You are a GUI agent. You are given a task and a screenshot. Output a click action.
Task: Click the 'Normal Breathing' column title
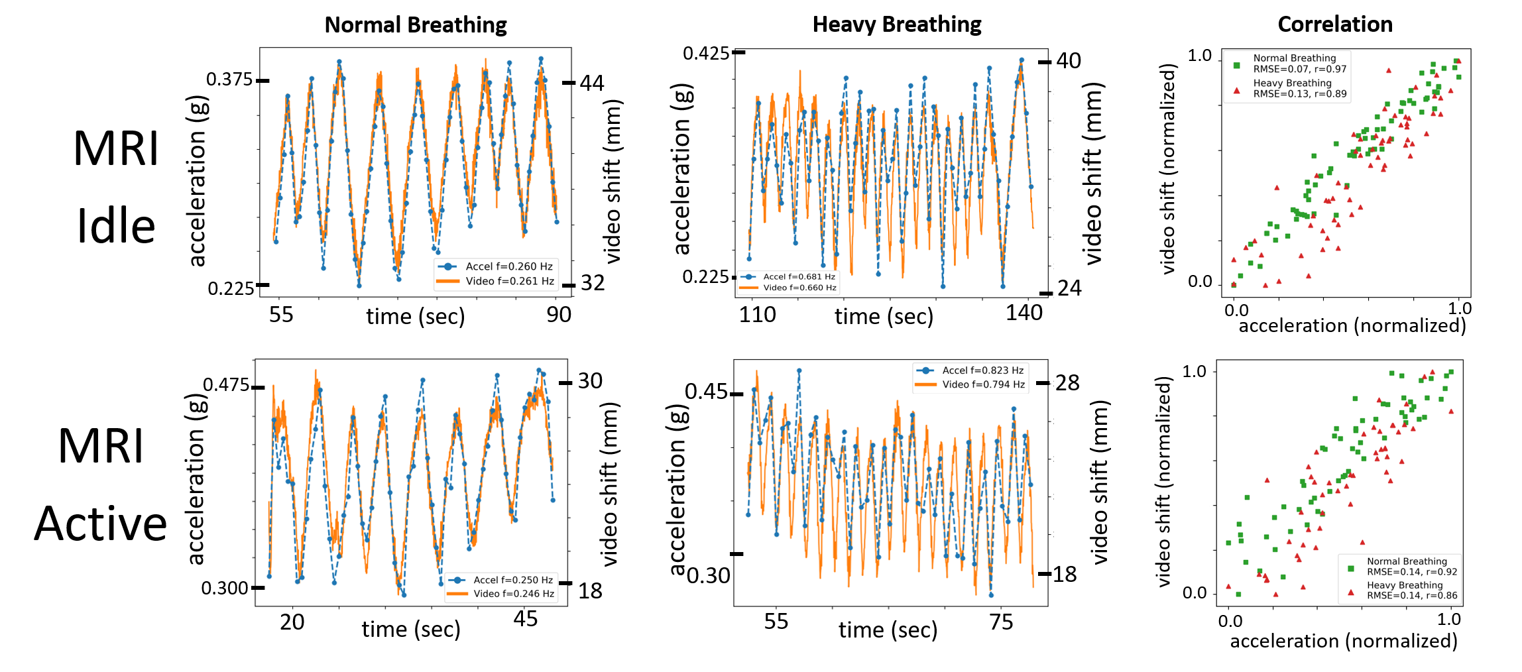click(x=416, y=25)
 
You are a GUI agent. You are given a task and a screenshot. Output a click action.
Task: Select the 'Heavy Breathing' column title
click(x=896, y=25)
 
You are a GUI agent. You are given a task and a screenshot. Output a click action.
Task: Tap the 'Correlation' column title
click(x=1334, y=25)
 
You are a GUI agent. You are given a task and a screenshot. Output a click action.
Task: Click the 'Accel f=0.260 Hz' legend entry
click(x=508, y=266)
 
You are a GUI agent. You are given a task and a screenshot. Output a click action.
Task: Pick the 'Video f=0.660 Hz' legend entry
click(x=799, y=288)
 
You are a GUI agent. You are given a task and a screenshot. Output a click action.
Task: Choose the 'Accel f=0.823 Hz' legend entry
click(x=982, y=370)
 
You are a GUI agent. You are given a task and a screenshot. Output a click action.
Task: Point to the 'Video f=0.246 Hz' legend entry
click(x=513, y=594)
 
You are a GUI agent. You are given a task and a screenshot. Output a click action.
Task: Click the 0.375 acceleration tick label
click(x=229, y=80)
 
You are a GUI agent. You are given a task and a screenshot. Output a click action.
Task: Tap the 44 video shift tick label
click(x=592, y=84)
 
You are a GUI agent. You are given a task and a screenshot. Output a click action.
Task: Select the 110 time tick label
click(x=757, y=314)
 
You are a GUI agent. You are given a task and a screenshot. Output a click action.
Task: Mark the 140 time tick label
click(x=1024, y=313)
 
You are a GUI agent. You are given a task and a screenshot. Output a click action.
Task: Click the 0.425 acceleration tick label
click(x=706, y=53)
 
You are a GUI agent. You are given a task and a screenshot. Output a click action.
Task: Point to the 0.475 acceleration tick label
click(x=226, y=385)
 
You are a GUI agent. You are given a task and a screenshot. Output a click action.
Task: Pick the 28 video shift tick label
click(x=1067, y=383)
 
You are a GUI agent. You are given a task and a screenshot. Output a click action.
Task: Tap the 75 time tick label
click(x=1001, y=622)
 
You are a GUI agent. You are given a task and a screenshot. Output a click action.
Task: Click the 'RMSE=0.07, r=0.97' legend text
click(x=1299, y=69)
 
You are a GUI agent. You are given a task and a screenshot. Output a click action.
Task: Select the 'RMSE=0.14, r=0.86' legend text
click(x=1412, y=595)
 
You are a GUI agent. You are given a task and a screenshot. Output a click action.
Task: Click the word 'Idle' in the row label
click(x=116, y=227)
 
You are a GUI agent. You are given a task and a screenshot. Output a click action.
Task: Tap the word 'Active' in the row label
click(x=101, y=524)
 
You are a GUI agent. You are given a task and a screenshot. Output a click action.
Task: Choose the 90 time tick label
click(x=559, y=315)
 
